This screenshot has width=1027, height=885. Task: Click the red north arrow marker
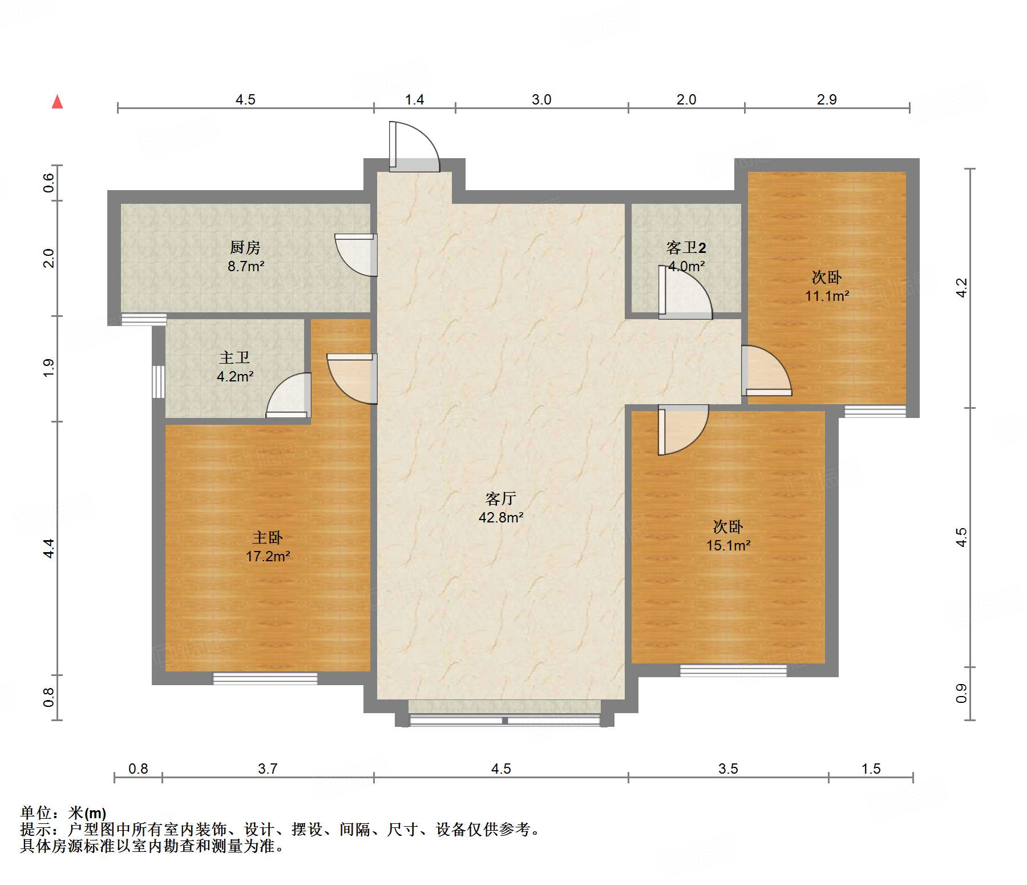click(x=57, y=102)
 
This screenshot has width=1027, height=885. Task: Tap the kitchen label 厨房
click(x=245, y=247)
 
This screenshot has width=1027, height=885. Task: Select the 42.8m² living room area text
click(x=501, y=517)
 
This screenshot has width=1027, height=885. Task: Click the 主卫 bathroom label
click(x=234, y=357)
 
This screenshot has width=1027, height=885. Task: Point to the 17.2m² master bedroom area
click(x=268, y=556)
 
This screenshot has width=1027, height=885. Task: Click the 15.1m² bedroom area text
click(x=728, y=545)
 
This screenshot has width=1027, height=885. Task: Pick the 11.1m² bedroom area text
click(x=827, y=296)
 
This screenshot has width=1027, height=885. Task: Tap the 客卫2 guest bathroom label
click(x=686, y=247)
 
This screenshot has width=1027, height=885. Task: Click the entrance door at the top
click(x=414, y=147)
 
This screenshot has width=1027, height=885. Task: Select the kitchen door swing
click(x=355, y=255)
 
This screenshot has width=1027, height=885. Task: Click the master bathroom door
click(x=289, y=395)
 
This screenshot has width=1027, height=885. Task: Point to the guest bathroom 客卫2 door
click(x=685, y=292)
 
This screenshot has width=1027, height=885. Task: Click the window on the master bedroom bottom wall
click(x=265, y=678)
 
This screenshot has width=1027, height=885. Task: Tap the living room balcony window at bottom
click(x=504, y=720)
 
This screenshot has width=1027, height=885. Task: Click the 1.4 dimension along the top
click(x=414, y=99)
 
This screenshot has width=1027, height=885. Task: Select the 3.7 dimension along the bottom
click(x=268, y=769)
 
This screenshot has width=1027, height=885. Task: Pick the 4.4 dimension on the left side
click(x=49, y=548)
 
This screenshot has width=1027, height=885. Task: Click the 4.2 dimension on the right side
click(x=962, y=287)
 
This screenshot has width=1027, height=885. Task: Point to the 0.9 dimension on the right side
click(x=962, y=693)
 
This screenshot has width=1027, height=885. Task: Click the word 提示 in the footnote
click(x=35, y=829)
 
